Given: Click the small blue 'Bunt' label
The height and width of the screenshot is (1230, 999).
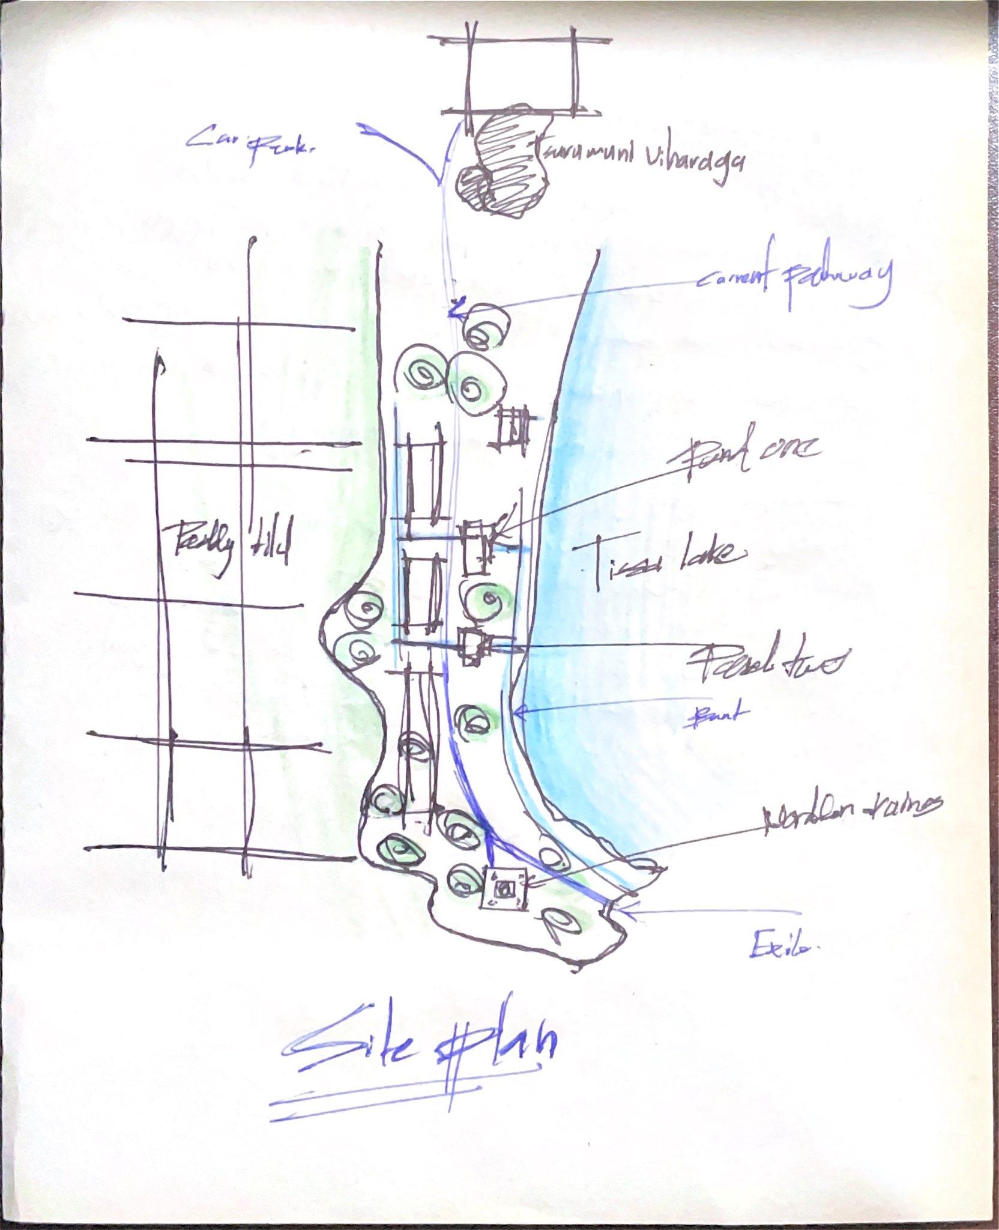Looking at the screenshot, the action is [714, 715].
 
